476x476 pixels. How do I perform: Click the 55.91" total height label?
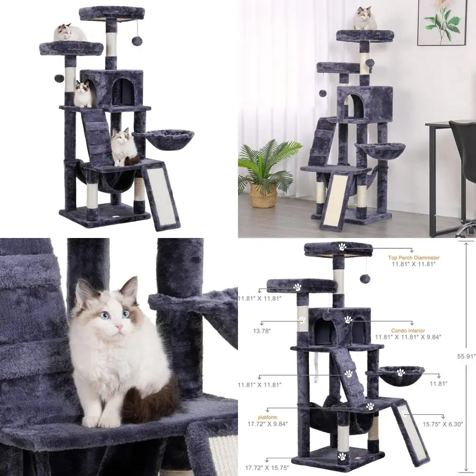[466, 356]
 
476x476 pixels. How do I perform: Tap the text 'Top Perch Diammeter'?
[413, 258]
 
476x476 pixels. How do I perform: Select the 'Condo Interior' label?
[408, 330]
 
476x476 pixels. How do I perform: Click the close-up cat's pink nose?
[117, 328]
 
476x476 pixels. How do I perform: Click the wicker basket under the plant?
[263, 195]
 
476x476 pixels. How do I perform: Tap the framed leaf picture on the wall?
[441, 22]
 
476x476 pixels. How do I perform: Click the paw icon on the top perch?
[342, 247]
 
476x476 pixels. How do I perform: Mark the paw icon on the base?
[342, 456]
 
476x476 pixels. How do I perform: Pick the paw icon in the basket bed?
[400, 373]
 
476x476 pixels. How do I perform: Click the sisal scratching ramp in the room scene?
[336, 200]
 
